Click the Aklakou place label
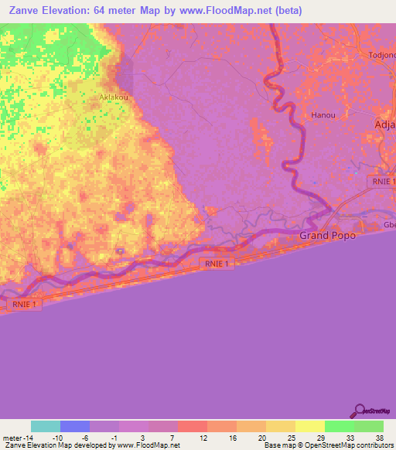(114, 98)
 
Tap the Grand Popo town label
(328, 235)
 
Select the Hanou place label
(323, 115)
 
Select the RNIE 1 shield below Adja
(381, 180)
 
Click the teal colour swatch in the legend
(46, 426)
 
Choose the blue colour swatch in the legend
(75, 426)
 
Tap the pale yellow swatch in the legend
(310, 426)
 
